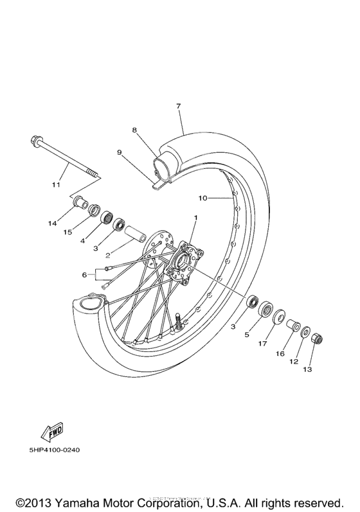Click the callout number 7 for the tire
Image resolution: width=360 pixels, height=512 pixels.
tap(178, 105)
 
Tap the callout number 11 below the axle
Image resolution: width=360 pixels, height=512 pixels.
tap(56, 184)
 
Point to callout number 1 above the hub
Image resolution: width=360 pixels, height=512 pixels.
tap(195, 218)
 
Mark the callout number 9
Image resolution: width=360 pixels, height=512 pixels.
tap(120, 153)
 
